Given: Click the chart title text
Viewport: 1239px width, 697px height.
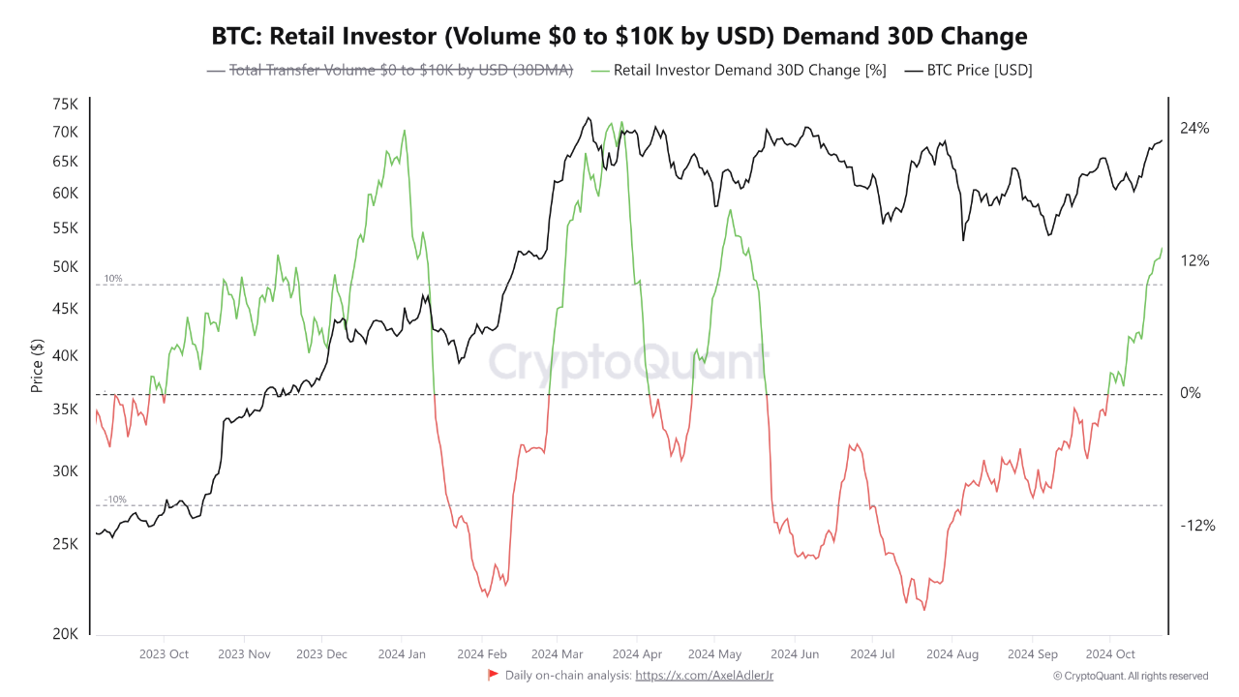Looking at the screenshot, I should [619, 37].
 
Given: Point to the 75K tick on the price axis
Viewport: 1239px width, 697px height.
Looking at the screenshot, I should [66, 105].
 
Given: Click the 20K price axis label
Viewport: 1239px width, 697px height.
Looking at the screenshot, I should [66, 634].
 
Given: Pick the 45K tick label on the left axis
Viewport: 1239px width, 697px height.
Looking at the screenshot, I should [66, 309].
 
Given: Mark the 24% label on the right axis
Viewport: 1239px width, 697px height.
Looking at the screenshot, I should [1194, 128].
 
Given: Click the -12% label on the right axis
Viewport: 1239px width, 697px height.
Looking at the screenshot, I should [1196, 526].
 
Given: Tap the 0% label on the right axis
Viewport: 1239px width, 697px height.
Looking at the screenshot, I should [1191, 393].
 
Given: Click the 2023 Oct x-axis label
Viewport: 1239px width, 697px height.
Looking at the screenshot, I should [165, 654].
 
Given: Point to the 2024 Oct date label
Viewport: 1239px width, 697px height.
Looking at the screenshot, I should [1110, 654].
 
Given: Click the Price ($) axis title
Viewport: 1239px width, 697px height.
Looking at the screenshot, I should [37, 367].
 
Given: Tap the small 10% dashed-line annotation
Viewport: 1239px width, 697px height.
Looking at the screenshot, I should [112, 279].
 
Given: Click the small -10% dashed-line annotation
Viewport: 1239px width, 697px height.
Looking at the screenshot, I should [114, 500].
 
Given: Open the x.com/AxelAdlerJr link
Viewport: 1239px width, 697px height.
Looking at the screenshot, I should [704, 676].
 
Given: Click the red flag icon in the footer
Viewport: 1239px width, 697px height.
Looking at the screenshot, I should [493, 675].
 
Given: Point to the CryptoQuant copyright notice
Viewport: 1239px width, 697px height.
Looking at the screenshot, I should [1130, 676].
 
